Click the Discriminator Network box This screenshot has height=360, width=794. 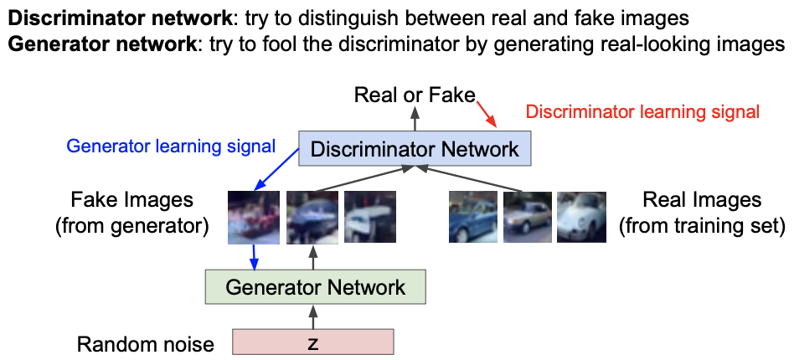click(x=415, y=150)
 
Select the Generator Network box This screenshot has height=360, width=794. click(x=315, y=288)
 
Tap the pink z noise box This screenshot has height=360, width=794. click(x=312, y=343)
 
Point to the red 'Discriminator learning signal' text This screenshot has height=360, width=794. click(x=642, y=111)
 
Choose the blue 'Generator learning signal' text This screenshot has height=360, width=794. click(x=171, y=147)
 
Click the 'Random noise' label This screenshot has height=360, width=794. click(x=146, y=343)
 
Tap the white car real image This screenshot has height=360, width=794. click(x=580, y=217)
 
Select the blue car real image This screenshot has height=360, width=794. click(x=472, y=217)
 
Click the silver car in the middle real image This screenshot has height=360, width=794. click(x=527, y=217)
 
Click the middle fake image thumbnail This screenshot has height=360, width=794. click(x=311, y=217)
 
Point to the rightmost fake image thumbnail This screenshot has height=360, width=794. click(x=365, y=217)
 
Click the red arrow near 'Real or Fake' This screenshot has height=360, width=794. click(x=487, y=113)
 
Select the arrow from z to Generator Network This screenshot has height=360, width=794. click(x=314, y=316)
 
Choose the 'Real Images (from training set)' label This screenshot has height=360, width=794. click(x=702, y=213)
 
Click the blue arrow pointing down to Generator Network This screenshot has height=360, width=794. click(x=251, y=256)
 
